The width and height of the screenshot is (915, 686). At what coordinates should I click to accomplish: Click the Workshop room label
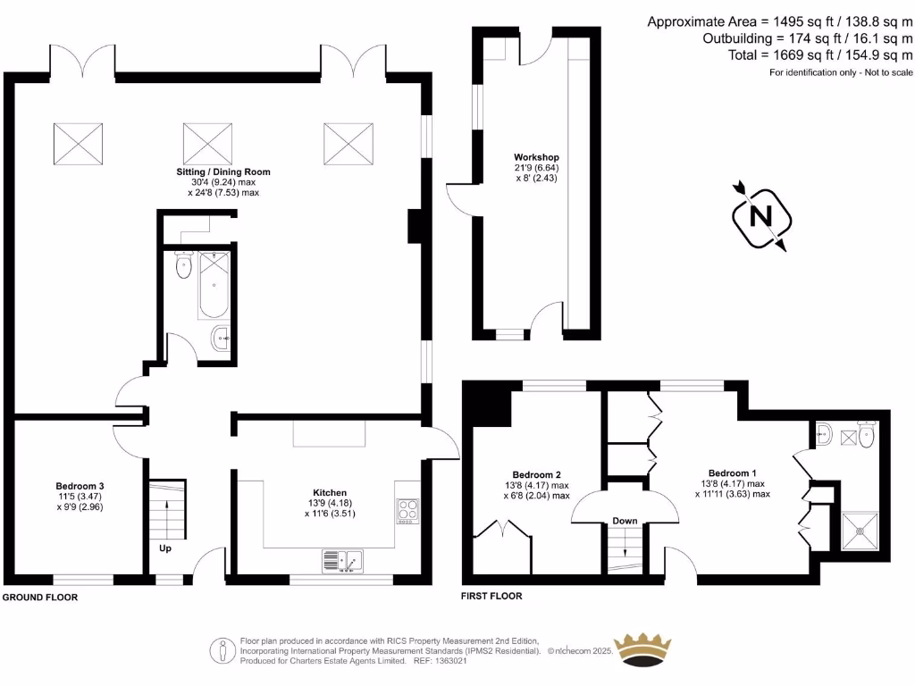pyautogui.click(x=536, y=157)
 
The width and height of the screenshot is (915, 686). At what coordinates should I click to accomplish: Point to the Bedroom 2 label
pyautogui.click(x=536, y=474)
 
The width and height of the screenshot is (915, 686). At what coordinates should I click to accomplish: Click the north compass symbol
pyautogui.click(x=760, y=216)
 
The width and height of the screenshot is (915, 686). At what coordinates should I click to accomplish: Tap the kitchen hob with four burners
pyautogui.click(x=407, y=510)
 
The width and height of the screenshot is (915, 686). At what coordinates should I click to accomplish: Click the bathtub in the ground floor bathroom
pyautogui.click(x=215, y=284)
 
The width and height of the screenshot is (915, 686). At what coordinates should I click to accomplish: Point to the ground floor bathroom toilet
pyautogui.click(x=184, y=266)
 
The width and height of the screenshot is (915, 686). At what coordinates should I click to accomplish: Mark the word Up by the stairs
pyautogui.click(x=165, y=548)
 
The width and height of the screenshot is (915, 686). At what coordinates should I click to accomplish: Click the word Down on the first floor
pyautogui.click(x=625, y=522)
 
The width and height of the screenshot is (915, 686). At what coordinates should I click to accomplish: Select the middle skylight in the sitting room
pyautogui.click(x=207, y=143)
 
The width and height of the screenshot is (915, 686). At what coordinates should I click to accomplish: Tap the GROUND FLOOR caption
pyautogui.click(x=40, y=597)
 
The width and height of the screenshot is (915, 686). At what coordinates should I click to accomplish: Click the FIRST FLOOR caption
pyautogui.click(x=491, y=596)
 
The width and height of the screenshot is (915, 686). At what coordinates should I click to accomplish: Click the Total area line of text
pyautogui.click(x=820, y=54)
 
